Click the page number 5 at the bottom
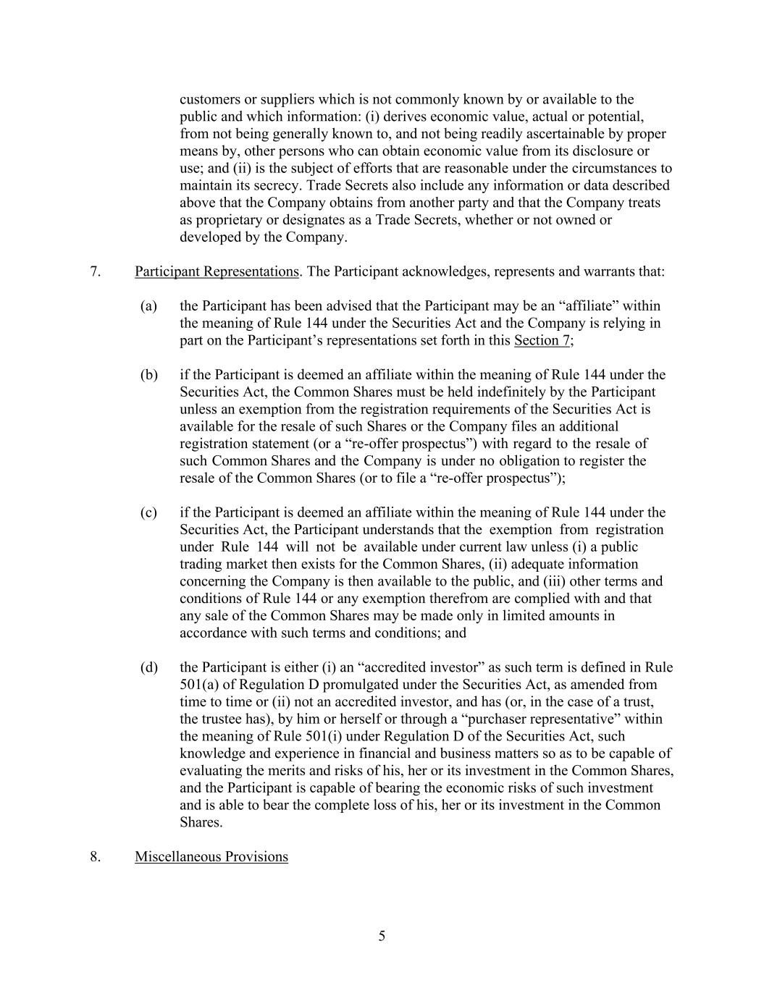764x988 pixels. (382, 937)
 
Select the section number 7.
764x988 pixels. (95, 272)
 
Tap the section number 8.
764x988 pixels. (95, 857)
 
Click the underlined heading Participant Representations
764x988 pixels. (217, 272)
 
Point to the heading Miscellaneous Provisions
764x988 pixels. (211, 857)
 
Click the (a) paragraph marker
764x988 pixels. (148, 306)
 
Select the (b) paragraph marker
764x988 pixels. (148, 375)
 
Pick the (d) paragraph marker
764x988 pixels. (148, 667)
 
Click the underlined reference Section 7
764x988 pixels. (542, 341)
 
